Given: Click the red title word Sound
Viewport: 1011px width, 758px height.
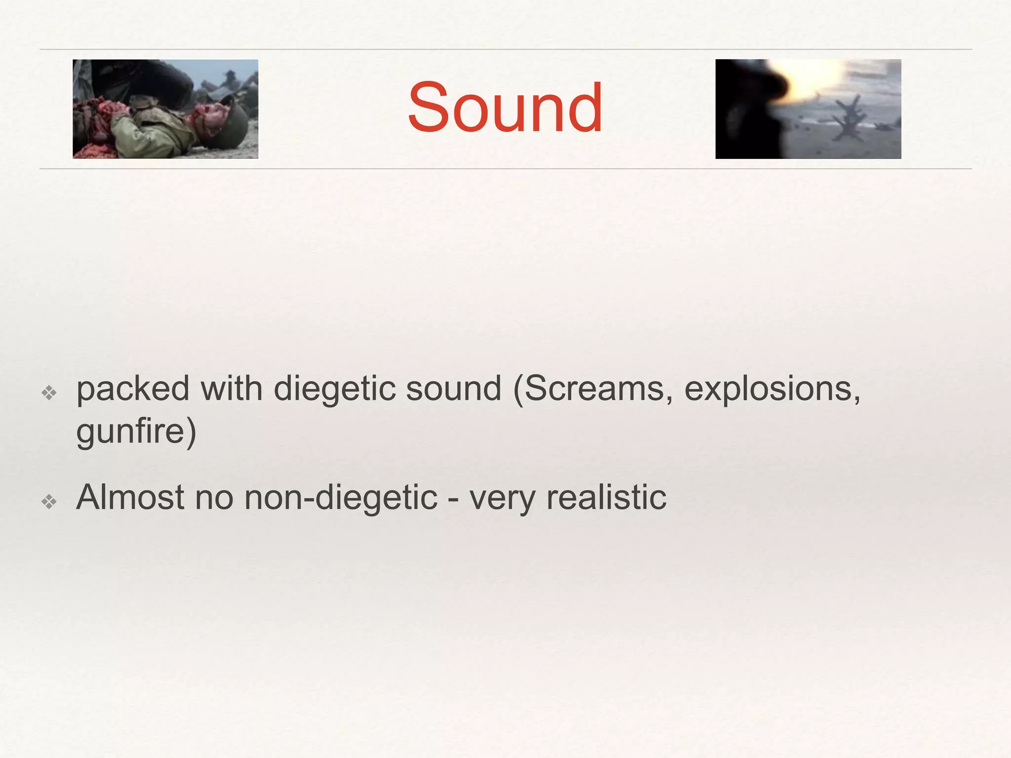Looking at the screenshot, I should [x=505, y=108].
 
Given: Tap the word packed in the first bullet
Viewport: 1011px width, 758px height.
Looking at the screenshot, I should [x=133, y=389].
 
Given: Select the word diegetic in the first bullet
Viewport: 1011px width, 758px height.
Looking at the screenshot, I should [x=334, y=389].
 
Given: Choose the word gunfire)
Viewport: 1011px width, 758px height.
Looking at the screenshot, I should [x=136, y=431].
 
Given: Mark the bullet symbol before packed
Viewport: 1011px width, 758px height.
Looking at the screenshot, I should [x=49, y=393].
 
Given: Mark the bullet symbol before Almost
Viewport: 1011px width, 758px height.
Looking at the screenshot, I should [x=49, y=502].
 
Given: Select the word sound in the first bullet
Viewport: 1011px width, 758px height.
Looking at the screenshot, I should [x=453, y=389].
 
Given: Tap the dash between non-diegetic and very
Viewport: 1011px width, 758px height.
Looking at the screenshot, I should [x=453, y=498].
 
